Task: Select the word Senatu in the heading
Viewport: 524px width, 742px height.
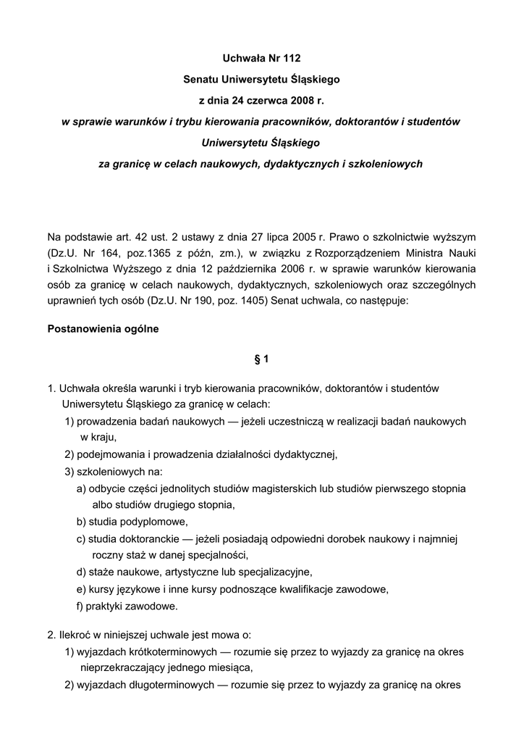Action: click(200, 77)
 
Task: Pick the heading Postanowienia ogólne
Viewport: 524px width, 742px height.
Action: click(103, 328)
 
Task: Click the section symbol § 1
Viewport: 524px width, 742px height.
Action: click(261, 359)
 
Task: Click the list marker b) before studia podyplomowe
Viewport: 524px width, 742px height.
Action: click(81, 521)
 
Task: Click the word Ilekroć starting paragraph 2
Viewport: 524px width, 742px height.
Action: click(76, 635)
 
